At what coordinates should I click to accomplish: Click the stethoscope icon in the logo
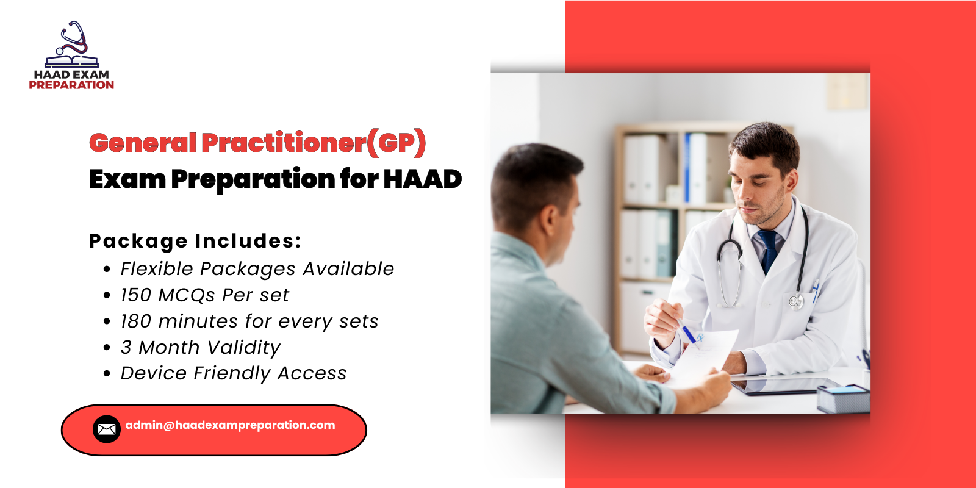coord(73,38)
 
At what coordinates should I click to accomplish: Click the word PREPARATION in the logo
coord(71,85)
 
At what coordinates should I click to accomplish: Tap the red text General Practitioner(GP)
coord(257,143)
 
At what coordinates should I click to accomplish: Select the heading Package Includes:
coord(195,241)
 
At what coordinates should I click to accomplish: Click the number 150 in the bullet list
coord(135,295)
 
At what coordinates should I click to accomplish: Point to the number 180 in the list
coord(135,321)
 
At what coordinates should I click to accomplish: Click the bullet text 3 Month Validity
coord(200,348)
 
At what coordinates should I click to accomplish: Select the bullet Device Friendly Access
coord(233,373)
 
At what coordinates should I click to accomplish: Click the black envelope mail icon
coord(107,429)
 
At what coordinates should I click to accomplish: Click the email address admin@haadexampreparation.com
coord(230,425)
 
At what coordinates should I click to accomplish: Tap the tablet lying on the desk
coord(787,386)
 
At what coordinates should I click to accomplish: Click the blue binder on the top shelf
coord(687,168)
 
